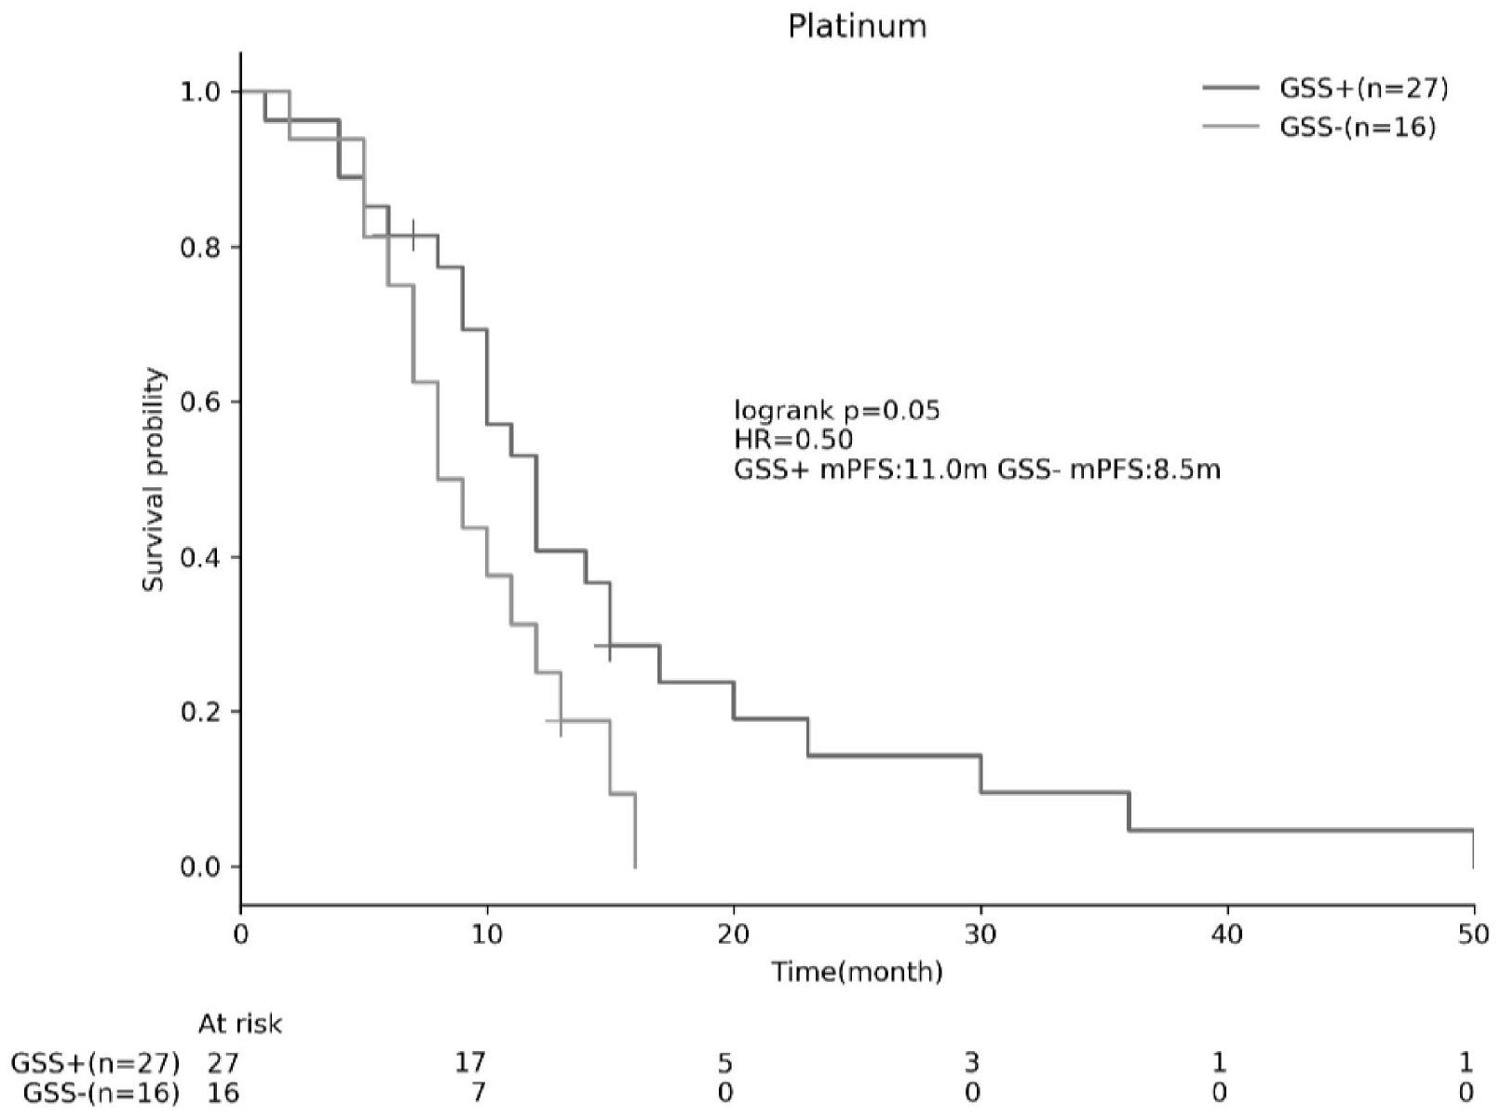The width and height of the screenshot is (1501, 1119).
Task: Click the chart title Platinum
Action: coord(857,26)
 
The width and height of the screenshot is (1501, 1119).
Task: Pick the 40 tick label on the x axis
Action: coord(1227,934)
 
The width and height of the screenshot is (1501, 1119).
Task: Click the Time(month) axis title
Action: coord(857,973)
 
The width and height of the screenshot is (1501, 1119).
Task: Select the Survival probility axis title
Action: coord(155,480)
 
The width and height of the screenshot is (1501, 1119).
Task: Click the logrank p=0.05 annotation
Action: coord(837,410)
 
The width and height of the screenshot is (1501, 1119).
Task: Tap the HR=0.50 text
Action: coord(793,439)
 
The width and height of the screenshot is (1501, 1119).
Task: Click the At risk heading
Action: coord(240,1024)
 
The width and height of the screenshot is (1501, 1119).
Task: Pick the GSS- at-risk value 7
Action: coord(477,1092)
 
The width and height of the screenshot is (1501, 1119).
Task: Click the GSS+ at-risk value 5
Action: coord(725,1062)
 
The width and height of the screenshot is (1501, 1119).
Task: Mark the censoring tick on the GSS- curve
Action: coord(561,720)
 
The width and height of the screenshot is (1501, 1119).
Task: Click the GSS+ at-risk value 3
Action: coord(972,1062)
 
